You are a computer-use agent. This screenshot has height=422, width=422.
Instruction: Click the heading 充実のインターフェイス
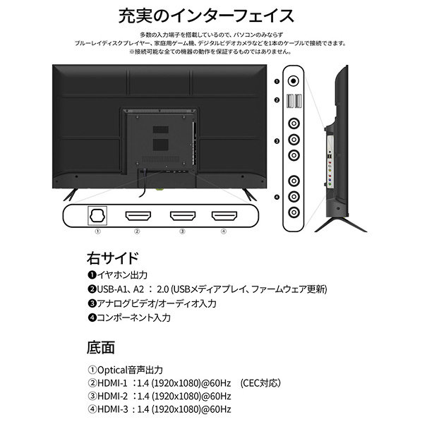click(206, 16)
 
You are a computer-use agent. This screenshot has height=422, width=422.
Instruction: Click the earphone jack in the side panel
click(294, 80)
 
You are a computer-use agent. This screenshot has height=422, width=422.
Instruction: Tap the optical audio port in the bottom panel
click(97, 215)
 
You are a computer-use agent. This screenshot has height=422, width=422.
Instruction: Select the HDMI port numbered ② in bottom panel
click(138, 216)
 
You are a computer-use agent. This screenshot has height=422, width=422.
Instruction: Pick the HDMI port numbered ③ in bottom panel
click(183, 216)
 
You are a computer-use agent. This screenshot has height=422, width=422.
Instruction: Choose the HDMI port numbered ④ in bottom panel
click(224, 216)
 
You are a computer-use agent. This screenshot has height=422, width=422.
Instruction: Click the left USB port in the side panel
click(290, 101)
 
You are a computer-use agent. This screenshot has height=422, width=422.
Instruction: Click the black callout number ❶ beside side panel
click(277, 81)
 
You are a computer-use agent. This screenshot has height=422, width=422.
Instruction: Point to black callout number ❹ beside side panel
click(277, 198)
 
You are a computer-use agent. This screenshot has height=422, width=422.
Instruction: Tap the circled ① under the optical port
click(97, 231)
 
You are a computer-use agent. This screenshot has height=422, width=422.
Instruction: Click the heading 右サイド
click(112, 258)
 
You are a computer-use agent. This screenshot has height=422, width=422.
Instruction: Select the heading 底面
click(101, 347)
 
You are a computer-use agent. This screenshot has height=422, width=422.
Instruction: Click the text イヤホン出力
click(122, 275)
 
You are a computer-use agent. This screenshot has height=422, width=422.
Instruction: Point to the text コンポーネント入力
click(133, 318)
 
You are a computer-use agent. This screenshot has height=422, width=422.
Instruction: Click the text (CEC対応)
click(260, 382)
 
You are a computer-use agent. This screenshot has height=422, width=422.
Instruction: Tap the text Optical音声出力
click(130, 370)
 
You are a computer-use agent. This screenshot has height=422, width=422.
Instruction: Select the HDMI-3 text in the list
click(112, 409)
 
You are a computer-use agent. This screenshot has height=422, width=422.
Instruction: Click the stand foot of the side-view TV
click(341, 224)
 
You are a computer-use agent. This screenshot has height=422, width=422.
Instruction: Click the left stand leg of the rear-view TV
click(71, 195)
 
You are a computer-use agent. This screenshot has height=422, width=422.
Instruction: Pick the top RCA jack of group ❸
click(294, 123)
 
